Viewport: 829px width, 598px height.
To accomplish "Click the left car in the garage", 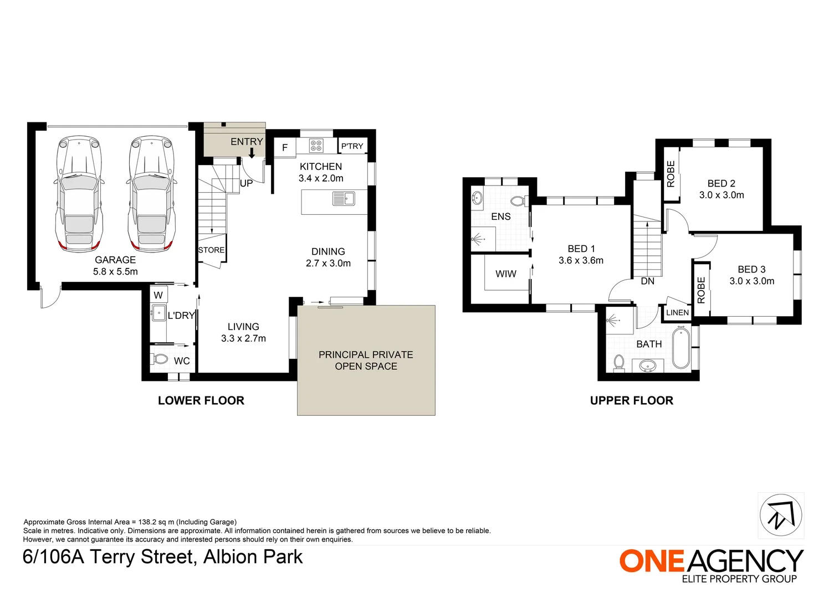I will click(79, 194).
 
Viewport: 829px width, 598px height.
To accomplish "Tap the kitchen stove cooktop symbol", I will click(316, 146).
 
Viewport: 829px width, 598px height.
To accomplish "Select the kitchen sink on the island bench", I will click(344, 198).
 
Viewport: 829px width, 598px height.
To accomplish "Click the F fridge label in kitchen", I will click(285, 148).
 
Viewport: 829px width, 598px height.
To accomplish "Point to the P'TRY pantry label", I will click(352, 146).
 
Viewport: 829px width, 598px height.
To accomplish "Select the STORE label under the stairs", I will click(212, 250).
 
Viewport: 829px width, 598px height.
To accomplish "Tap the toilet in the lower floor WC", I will click(160, 359).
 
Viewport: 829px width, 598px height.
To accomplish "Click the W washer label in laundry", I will click(158, 295).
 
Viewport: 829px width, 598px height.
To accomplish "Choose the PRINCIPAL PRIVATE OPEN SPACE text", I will click(366, 360).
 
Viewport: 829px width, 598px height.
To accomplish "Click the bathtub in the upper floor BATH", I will click(680, 348).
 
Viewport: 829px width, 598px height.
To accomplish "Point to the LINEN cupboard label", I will click(677, 313).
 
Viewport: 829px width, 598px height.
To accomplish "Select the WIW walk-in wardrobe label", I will click(505, 274).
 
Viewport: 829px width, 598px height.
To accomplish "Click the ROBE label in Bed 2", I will click(671, 174).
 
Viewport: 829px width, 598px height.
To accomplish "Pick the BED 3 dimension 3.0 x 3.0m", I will click(751, 281).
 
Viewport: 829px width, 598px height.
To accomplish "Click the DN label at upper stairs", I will click(647, 281).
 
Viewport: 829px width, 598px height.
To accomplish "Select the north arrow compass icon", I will click(780, 515).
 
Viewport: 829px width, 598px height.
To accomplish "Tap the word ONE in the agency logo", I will click(652, 561).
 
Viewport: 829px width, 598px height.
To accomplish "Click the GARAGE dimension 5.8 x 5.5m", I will click(115, 272).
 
